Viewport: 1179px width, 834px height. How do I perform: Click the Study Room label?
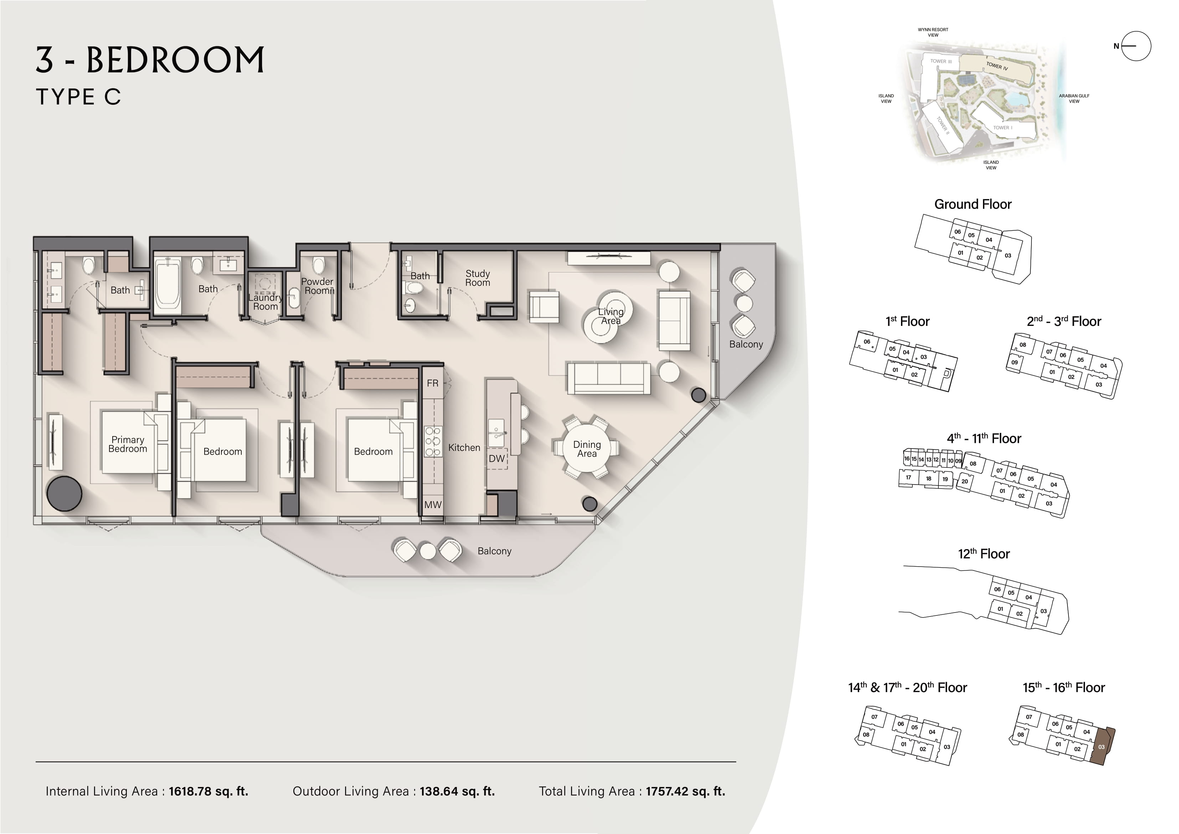pos(478,278)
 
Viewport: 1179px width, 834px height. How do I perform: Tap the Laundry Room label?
pos(266,302)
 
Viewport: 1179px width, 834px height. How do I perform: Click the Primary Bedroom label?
pos(128,444)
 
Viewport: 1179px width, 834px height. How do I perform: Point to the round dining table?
pos(587,449)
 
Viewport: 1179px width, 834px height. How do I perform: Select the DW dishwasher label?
pos(496,459)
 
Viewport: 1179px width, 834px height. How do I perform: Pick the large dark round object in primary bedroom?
pos(64,493)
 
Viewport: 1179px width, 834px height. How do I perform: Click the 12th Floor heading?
pos(984,553)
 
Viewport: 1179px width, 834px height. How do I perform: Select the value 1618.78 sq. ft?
pos(208,791)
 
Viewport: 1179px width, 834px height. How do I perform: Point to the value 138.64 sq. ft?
pos(457,791)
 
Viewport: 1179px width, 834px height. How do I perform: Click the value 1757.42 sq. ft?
pos(685,791)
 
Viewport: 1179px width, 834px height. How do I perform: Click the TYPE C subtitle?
pos(78,97)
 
